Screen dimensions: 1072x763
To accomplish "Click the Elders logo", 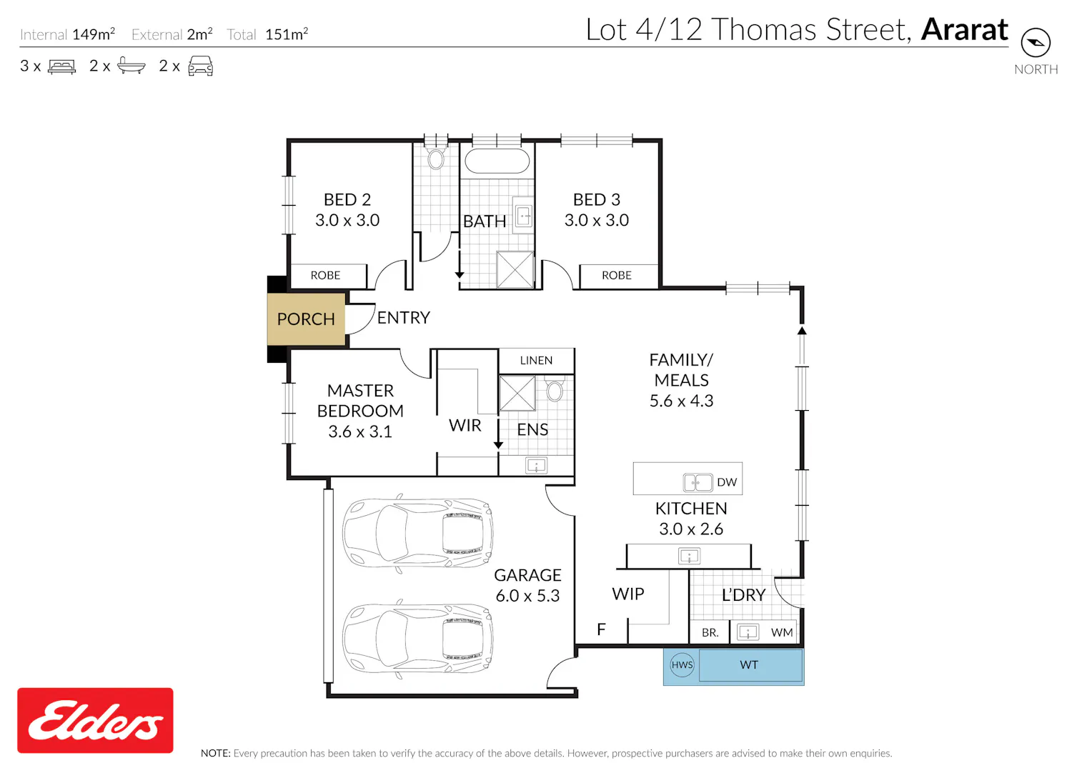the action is coord(95,720).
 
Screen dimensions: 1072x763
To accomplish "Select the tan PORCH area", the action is coord(306,319).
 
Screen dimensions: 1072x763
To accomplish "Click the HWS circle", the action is coord(682,665).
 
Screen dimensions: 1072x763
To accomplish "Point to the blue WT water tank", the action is coord(750,665).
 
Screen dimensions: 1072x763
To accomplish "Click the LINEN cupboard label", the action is coord(536,360).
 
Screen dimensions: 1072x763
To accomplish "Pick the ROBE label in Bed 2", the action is coord(325,275).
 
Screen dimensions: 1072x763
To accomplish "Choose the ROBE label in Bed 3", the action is coord(616,275).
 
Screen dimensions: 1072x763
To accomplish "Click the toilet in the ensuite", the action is coord(555,389).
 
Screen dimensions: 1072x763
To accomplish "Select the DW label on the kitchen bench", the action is coord(727,482).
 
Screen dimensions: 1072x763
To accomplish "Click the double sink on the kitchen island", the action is coord(698,482).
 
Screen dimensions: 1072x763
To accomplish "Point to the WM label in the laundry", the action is coord(782,632).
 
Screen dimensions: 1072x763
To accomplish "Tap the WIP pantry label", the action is coord(628,594).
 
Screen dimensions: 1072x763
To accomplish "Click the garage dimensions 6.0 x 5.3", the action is coord(527,596).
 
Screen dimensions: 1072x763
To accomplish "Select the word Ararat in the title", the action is coord(964,30).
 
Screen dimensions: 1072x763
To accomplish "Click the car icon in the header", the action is coord(201,66).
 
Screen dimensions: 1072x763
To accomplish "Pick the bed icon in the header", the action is coord(61,66).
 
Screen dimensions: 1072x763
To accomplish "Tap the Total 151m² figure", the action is coord(267,34).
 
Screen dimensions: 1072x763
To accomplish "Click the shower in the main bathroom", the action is coord(515,269).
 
